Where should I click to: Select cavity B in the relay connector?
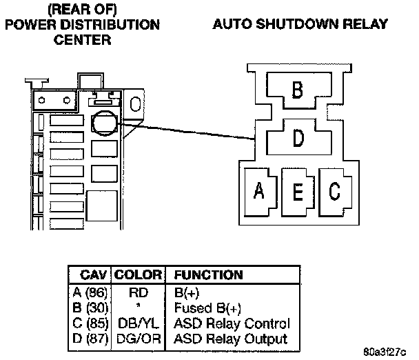[298, 90]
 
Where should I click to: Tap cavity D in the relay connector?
[298, 138]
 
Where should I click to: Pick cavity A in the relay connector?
[260, 191]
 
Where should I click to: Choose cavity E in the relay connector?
[298, 191]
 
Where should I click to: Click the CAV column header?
[92, 275]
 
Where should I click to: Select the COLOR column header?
[138, 275]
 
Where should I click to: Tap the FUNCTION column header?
[208, 275]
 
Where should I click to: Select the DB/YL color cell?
[138, 323]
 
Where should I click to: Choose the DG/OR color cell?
[138, 339]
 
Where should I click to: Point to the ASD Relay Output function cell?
[230, 339]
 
